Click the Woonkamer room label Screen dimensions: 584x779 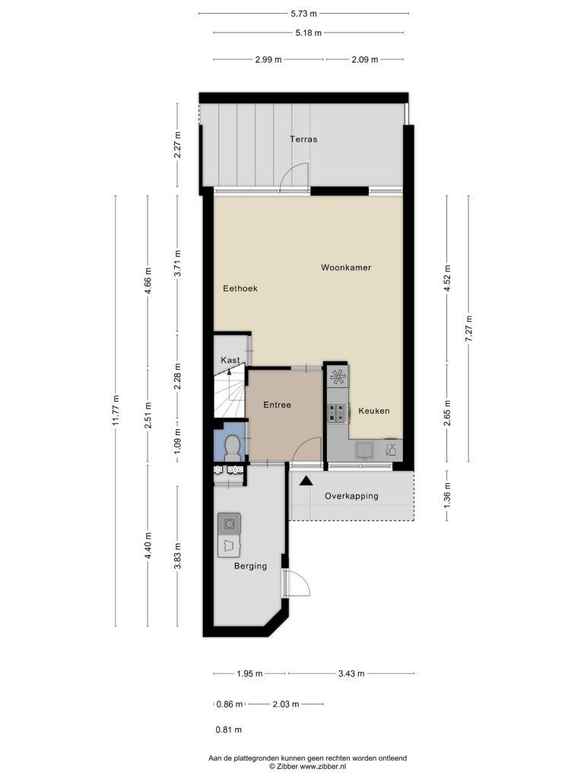tap(346, 267)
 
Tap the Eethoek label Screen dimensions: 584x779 tap(240, 288)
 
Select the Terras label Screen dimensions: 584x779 tap(303, 139)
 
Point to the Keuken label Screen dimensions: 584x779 tap(374, 411)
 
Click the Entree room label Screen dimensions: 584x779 tap(277, 405)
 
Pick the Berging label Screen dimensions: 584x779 tap(250, 566)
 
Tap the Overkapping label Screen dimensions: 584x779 tap(351, 496)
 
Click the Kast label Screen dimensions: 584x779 tap(230, 360)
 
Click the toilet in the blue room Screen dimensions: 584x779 tap(232, 447)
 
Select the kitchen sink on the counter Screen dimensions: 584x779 tap(365, 450)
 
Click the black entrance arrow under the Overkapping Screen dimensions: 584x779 tap(305, 481)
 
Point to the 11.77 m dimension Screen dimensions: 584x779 tap(116, 411)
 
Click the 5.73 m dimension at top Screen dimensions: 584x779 tap(304, 14)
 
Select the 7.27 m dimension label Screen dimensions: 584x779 tap(468, 329)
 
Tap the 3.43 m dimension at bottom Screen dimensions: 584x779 tap(351, 674)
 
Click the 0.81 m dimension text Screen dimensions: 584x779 tap(228, 730)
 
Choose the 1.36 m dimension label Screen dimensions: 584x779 tap(447, 495)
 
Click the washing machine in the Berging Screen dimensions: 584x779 tap(229, 523)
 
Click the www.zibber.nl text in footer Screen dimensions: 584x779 tap(322, 767)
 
